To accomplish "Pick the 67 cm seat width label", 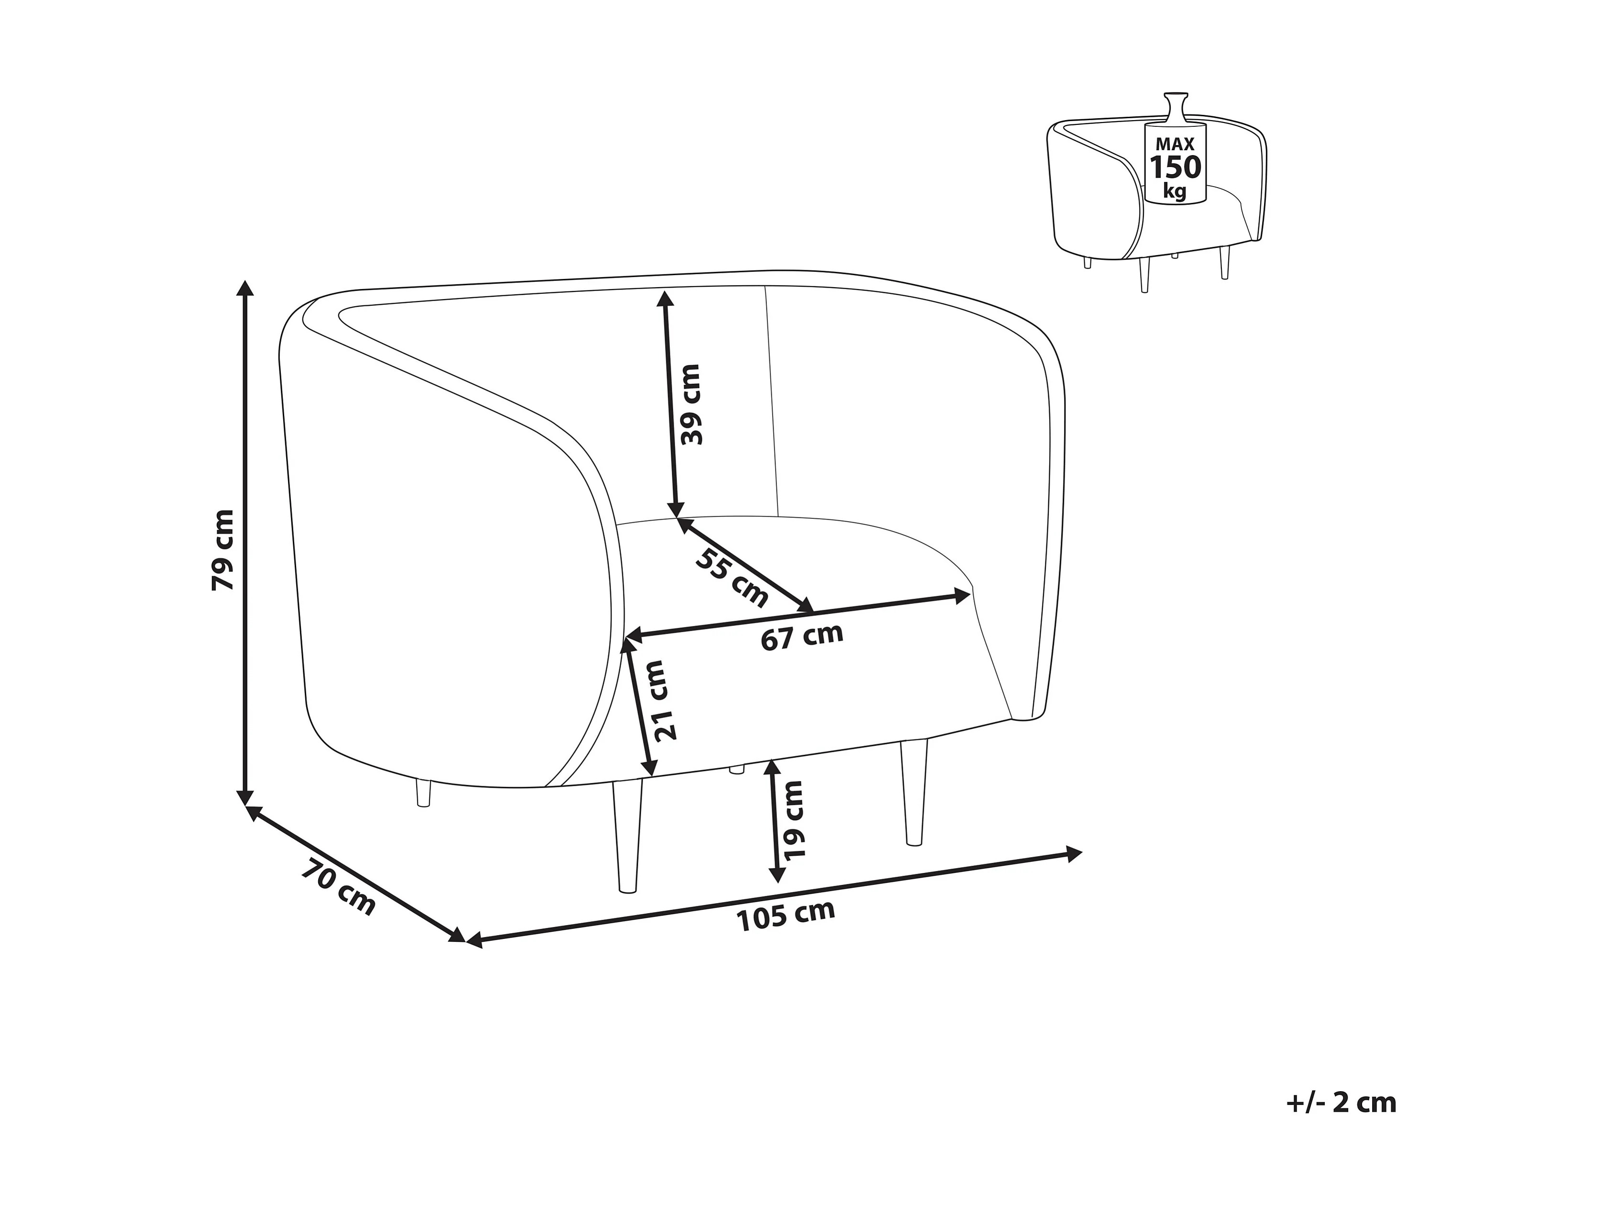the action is (802, 637).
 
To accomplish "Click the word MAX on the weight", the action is (1175, 145).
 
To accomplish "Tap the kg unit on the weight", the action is (1174, 191).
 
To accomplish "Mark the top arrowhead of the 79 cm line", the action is (246, 288).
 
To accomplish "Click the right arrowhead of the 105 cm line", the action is (1075, 853).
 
